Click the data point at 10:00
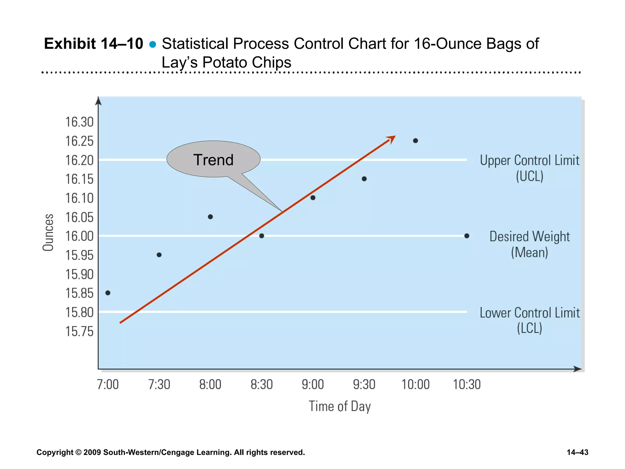coord(415,141)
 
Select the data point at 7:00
coord(108,293)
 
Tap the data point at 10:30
coord(467,236)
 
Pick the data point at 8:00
coord(210,217)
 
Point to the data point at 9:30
coord(364,179)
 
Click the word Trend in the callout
coord(213,160)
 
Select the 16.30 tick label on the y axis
coord(79,122)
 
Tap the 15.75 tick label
coord(79,332)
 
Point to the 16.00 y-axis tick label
coord(79,236)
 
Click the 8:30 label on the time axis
coord(262,384)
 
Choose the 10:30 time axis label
coord(467,384)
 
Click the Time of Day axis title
coord(340,406)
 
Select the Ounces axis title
coord(48,232)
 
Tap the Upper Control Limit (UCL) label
coord(529,168)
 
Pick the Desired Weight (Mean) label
coord(529,244)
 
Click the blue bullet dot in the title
coord(153,45)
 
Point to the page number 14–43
coord(577,452)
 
